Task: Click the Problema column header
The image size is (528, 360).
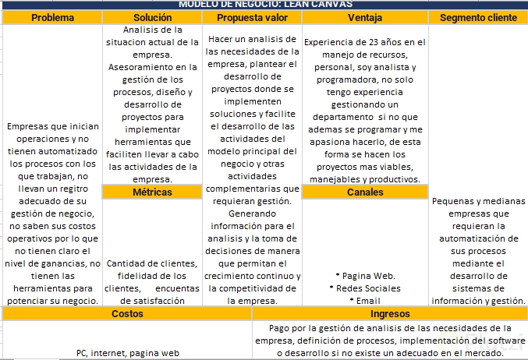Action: pos(52,17)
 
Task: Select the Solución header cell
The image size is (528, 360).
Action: pos(152,17)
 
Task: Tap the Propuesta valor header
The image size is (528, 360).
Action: pos(251,17)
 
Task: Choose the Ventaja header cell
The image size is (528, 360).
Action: pos(365,17)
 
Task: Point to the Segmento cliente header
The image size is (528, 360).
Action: pos(478,17)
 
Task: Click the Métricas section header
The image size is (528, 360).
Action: pos(152,192)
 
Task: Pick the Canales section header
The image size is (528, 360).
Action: pos(365,192)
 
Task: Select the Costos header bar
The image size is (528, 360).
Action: pos(127,313)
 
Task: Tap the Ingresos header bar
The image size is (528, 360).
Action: pos(390,313)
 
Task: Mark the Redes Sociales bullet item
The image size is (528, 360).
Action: pos(365,288)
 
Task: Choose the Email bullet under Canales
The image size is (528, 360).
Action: pos(365,301)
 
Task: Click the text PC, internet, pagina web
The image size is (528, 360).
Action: pos(127,353)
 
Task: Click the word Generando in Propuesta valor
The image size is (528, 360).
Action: pos(251,214)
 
